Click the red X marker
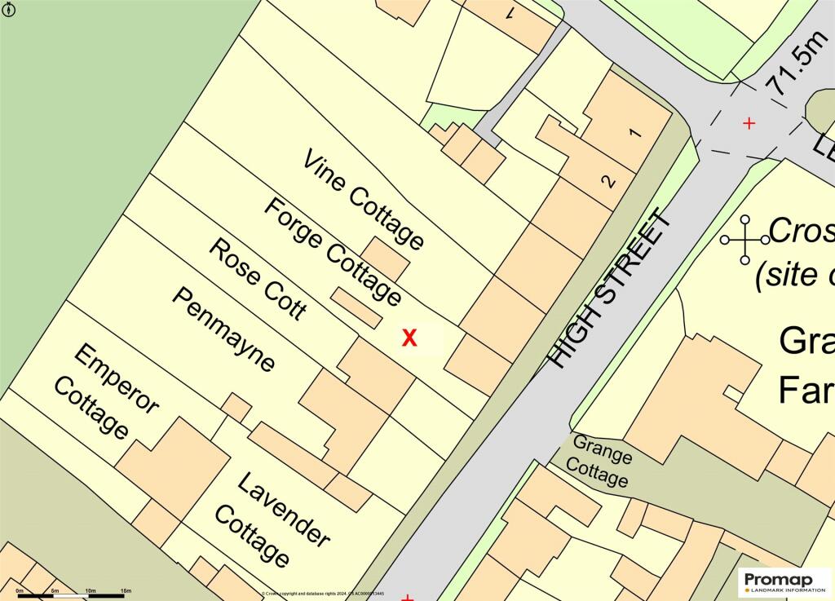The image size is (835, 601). (409, 338)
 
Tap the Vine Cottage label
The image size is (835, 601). (364, 199)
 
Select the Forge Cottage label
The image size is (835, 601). (332, 251)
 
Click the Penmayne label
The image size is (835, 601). (223, 329)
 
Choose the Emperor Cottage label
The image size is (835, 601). (104, 391)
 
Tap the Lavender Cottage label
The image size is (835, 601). (272, 519)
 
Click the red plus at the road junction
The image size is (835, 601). (749, 123)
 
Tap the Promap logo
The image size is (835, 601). (784, 581)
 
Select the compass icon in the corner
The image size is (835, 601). (10, 11)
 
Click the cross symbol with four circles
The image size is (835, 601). (744, 240)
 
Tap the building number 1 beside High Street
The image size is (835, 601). (636, 133)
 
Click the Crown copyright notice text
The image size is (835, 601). (322, 594)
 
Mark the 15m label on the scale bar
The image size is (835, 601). (126, 590)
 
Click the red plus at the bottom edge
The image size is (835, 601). (408, 598)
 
